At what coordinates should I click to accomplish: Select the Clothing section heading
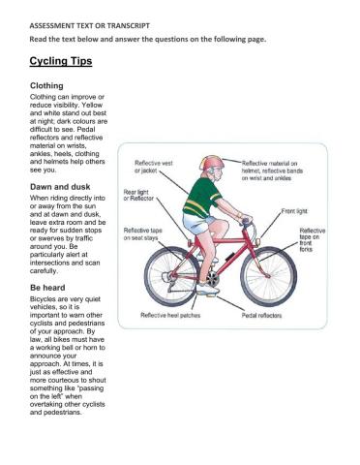tap(49, 85)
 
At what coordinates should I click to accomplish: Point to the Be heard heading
tap(49, 289)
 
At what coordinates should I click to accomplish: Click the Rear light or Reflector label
tap(136, 196)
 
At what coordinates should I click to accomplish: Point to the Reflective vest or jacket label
tap(154, 168)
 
